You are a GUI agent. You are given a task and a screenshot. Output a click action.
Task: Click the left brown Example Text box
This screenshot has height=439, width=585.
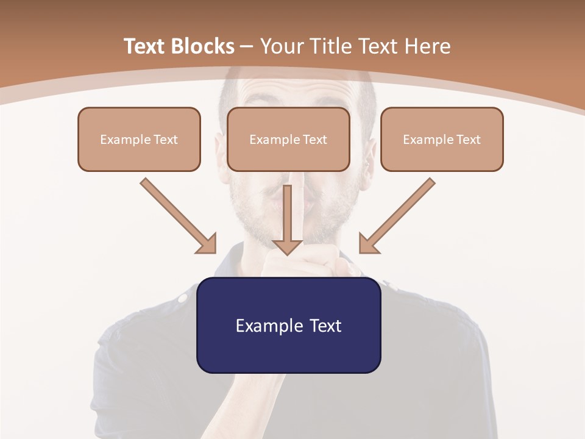[139, 139]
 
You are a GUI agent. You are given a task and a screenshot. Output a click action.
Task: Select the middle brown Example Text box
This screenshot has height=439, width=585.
[288, 139]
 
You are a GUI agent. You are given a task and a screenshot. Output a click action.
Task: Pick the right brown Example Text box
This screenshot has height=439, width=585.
[442, 139]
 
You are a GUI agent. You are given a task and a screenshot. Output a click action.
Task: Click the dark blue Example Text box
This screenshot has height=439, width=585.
[288, 325]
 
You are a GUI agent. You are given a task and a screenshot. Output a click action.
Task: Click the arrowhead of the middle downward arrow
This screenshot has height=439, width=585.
[288, 247]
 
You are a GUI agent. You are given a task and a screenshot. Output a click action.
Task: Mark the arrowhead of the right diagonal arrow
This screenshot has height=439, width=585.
[368, 244]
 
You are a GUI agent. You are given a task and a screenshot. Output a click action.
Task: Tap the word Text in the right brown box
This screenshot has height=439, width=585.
[468, 140]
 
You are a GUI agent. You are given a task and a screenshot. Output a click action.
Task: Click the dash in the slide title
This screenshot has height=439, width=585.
[247, 46]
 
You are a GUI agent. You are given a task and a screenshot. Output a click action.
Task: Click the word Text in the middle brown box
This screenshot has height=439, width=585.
[314, 140]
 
